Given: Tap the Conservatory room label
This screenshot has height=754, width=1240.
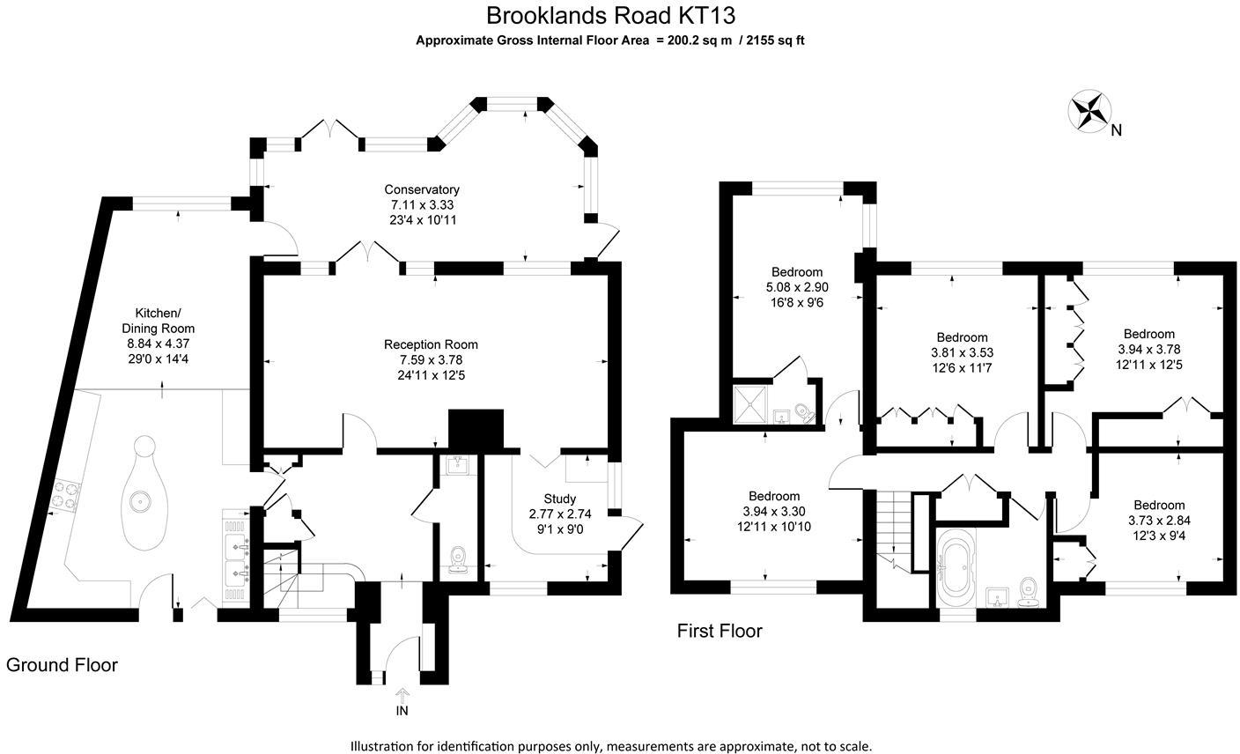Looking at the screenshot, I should pos(422,189).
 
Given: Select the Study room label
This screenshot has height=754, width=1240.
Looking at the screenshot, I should pos(559,499).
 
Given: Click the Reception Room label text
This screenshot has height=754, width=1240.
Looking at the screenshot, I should pos(431,344).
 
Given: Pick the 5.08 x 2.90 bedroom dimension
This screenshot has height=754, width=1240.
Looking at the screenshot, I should pos(797,287).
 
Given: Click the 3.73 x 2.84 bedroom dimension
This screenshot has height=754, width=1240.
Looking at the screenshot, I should pos(1159,520).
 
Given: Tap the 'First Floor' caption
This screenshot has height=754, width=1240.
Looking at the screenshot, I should pos(720,631).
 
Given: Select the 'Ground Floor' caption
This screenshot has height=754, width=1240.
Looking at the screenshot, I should pos(62,664).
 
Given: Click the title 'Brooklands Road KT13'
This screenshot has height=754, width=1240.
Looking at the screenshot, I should pos(610,15).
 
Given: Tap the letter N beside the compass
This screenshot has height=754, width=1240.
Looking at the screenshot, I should pos(1116,131).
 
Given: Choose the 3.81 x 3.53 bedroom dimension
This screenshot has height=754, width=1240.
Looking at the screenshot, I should pos(962,352).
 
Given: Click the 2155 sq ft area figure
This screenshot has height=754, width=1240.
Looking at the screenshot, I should pos(775,40).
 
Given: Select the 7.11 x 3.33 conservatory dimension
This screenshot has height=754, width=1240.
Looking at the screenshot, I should pos(422,204).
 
